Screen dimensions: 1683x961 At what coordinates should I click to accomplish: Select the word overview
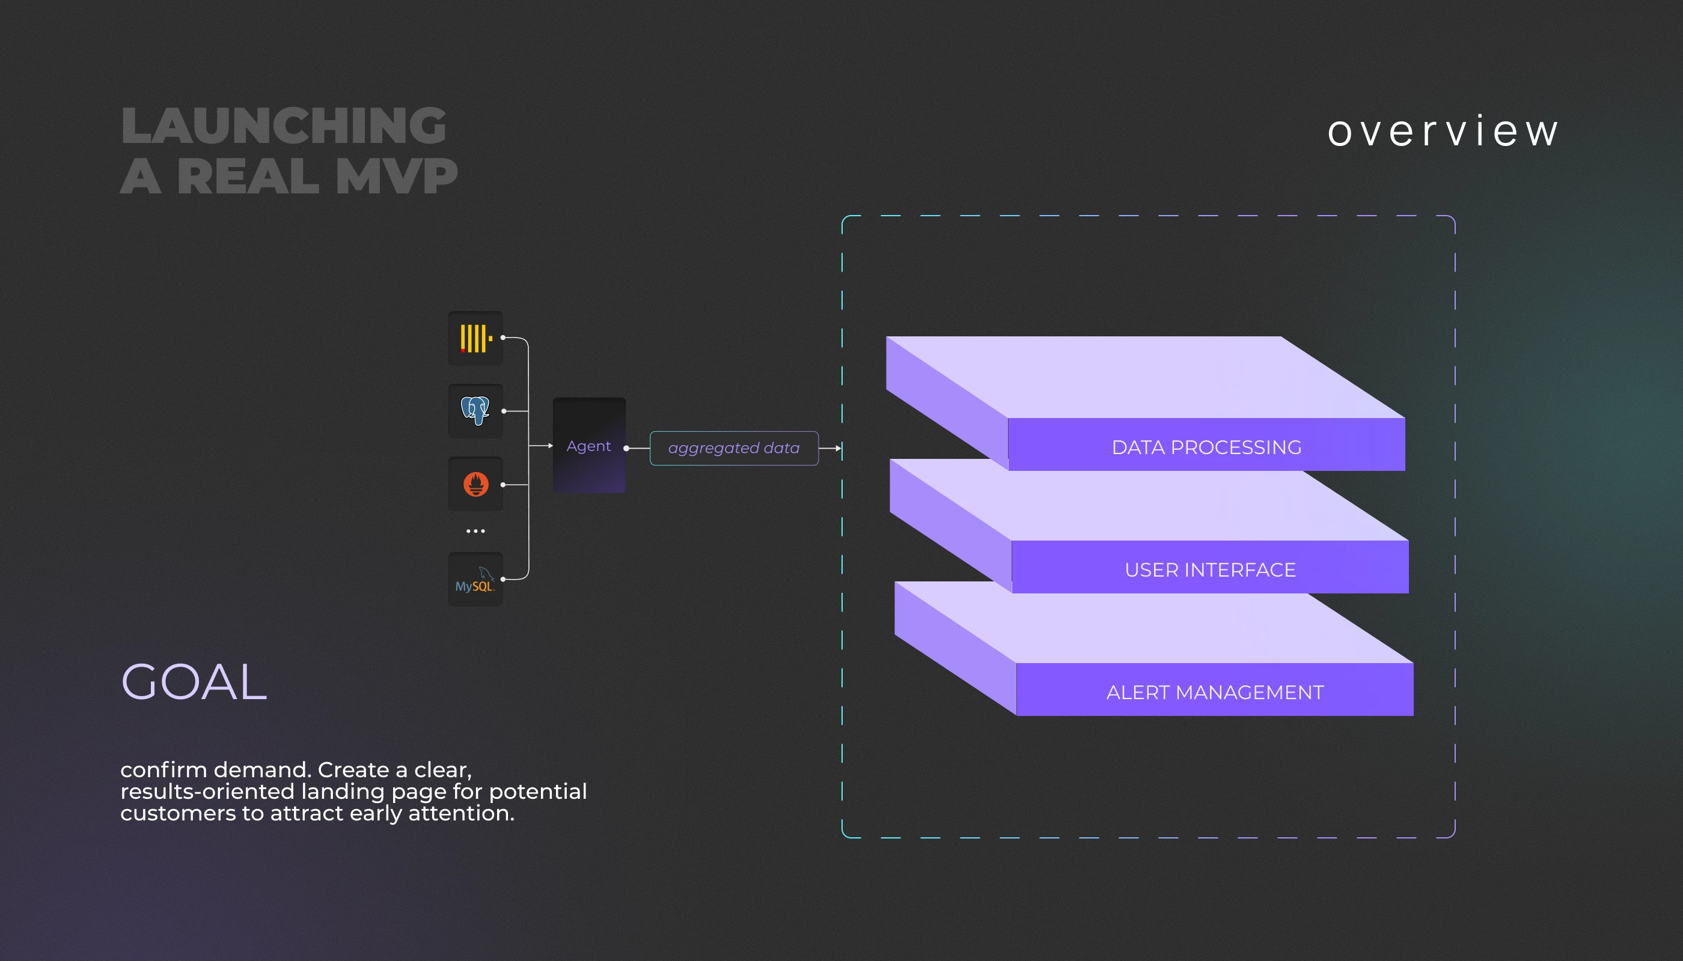pyautogui.click(x=1443, y=131)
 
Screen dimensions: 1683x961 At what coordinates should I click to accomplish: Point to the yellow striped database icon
pyautogui.click(x=475, y=339)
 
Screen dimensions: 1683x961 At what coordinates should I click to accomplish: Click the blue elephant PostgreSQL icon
pyautogui.click(x=475, y=411)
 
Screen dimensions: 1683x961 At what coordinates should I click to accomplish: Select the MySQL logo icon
pyautogui.click(x=475, y=579)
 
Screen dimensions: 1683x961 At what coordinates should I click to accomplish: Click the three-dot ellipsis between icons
pyautogui.click(x=475, y=531)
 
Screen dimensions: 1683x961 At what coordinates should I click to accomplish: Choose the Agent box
pyautogui.click(x=589, y=446)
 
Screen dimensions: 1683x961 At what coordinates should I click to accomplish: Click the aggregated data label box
pyautogui.click(x=734, y=448)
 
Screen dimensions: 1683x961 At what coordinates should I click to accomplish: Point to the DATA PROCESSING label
pyautogui.click(x=1207, y=447)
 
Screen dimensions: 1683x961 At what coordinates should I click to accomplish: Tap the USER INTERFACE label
pyautogui.click(x=1210, y=569)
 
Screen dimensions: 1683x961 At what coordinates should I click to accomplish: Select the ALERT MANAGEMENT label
pyautogui.click(x=1215, y=693)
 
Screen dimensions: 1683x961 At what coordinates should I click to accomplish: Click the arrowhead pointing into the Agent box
pyautogui.click(x=550, y=446)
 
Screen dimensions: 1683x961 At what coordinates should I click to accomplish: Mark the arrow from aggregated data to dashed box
pyautogui.click(x=830, y=448)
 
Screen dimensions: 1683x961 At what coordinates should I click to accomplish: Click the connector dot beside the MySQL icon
pyautogui.click(x=503, y=580)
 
